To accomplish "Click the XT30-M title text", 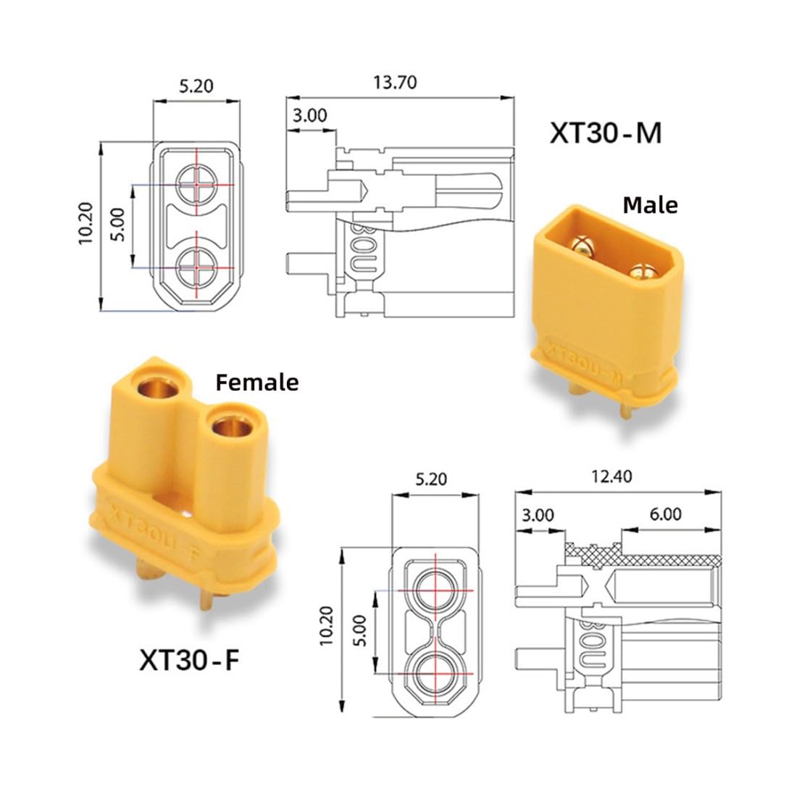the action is (x=606, y=133).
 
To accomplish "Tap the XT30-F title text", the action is (x=189, y=660).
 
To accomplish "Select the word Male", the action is (x=650, y=205).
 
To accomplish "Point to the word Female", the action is (x=257, y=383).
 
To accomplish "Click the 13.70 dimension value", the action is (x=395, y=83).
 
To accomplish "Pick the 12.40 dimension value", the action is (x=612, y=477).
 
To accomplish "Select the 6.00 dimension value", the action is (x=665, y=514).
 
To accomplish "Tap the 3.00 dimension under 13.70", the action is (x=309, y=116).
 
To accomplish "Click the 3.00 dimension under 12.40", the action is (x=538, y=515).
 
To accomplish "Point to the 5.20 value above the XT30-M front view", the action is (x=196, y=86).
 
